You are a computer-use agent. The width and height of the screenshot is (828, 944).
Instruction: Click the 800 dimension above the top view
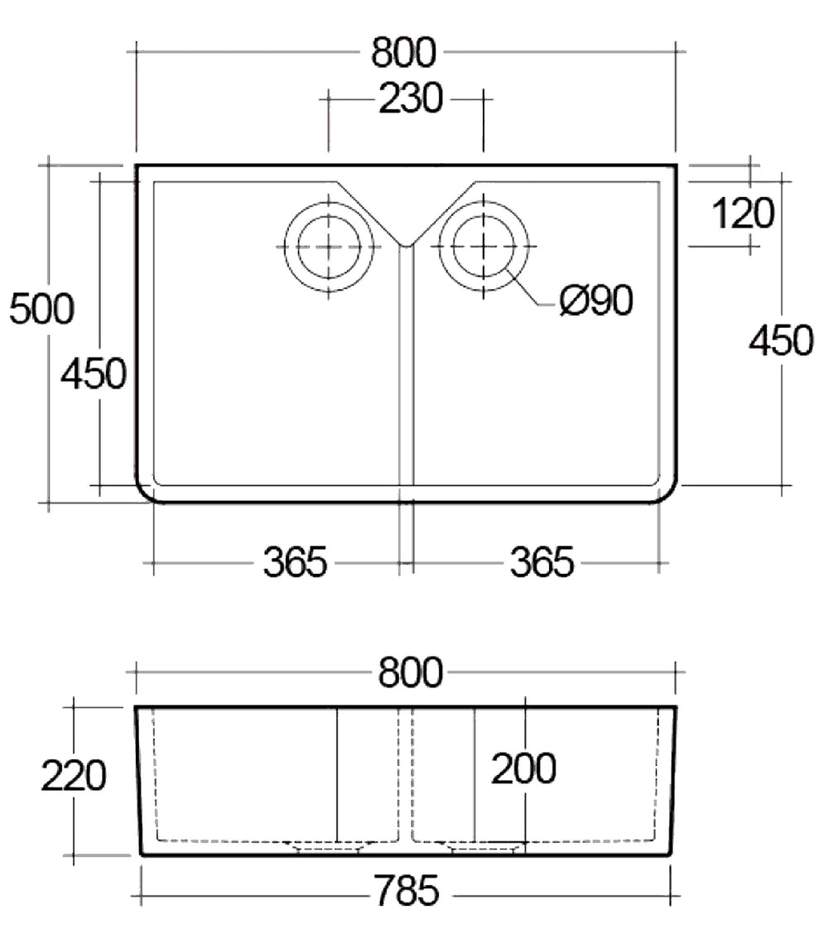(403, 52)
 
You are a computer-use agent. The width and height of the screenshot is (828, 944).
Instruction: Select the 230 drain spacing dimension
(411, 99)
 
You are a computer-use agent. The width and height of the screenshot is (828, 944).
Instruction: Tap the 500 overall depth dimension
(41, 309)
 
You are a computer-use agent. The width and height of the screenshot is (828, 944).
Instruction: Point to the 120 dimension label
(743, 214)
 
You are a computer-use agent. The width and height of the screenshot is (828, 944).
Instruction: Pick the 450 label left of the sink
(94, 373)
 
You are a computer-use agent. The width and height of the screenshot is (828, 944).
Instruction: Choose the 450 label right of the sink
(781, 341)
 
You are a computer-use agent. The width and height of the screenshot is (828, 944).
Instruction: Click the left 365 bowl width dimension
(295, 563)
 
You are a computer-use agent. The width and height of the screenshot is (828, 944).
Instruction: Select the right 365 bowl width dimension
(542, 563)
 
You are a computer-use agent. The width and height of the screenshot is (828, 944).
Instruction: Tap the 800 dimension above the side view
(411, 672)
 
